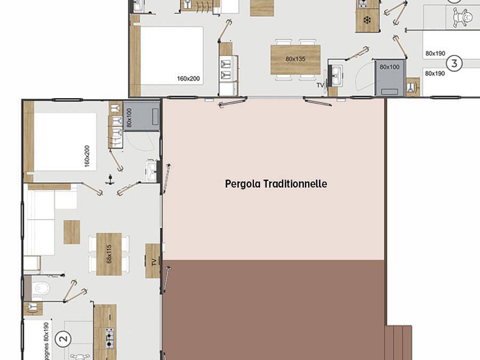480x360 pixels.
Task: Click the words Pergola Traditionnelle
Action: (276, 184)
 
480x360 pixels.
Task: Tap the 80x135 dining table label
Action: (295, 59)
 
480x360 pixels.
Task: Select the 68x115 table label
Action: (109, 253)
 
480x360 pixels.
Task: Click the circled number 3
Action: (454, 63)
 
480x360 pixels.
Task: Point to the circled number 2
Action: (63, 338)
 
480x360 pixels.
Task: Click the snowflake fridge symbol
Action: (367, 20)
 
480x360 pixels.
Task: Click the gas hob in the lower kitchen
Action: (109, 338)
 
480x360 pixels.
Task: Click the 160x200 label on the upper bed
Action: (188, 79)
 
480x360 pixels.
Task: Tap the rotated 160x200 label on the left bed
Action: (87, 156)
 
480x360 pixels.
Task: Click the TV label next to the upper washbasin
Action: (321, 85)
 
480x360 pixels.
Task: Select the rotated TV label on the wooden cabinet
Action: (154, 261)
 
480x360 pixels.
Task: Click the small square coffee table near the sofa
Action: (71, 232)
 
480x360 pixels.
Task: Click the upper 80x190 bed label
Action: (435, 53)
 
